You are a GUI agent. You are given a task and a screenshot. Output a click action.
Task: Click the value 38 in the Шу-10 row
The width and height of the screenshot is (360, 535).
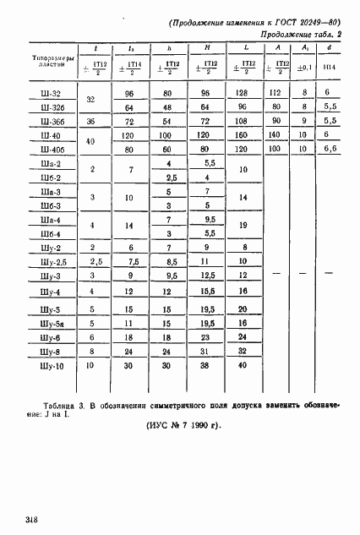[x=205, y=366]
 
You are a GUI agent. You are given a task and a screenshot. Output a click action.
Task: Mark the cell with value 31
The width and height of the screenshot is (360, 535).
[x=205, y=351]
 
